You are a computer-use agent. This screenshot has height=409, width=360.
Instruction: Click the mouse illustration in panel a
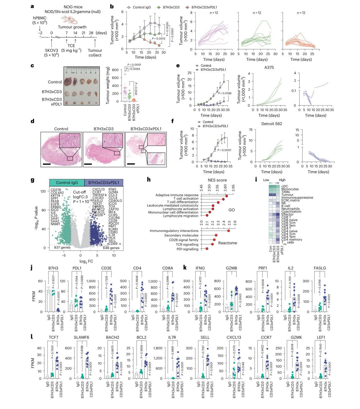[x=69, y=20]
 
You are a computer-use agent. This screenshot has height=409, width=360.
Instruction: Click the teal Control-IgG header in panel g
[x=67, y=182]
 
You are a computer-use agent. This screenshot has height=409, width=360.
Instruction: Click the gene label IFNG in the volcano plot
[x=112, y=189]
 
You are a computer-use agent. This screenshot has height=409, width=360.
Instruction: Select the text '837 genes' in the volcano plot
[x=62, y=248]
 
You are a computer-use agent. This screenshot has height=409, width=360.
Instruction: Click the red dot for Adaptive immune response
[x=227, y=196]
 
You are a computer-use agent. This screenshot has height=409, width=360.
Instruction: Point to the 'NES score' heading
[x=217, y=180]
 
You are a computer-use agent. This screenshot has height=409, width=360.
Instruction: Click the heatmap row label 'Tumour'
[x=288, y=195]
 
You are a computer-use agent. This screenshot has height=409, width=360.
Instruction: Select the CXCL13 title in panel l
[x=234, y=338]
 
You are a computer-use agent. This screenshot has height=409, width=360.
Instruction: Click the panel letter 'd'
[x=33, y=121]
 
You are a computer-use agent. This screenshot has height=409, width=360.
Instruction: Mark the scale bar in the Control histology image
[x=46, y=164]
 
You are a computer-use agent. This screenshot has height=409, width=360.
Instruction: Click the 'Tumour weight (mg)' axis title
[x=108, y=85]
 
